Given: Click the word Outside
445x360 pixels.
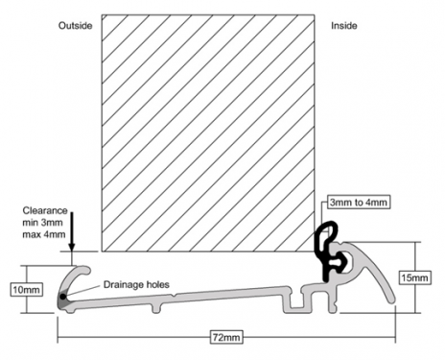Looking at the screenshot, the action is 76,26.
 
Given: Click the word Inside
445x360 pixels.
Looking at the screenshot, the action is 344,26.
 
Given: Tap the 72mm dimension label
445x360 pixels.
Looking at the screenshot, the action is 226,337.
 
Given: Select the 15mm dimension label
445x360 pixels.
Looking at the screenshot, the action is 414,277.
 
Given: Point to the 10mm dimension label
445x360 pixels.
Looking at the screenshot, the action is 27,290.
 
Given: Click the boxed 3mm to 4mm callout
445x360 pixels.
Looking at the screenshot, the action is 359,203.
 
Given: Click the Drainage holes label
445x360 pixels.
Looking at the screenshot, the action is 136,284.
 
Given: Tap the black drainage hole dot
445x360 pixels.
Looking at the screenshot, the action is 63,297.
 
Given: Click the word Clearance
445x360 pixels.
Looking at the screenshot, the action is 45,210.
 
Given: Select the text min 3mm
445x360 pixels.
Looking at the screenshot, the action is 42,223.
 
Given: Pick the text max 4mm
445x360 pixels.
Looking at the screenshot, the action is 44,234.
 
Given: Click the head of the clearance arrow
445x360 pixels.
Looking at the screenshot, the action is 72,248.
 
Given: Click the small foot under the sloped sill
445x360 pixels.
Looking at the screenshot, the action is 155,308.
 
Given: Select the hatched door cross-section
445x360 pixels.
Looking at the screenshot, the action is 208,132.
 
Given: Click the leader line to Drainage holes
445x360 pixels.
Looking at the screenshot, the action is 83,291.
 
